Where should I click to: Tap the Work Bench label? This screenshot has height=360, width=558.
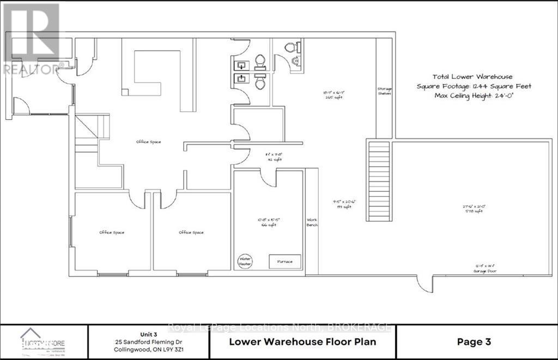point(312,222)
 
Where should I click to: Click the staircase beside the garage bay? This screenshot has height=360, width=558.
point(379,180)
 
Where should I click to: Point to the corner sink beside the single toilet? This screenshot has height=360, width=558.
point(296,61)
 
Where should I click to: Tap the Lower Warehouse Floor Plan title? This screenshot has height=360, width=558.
point(302,342)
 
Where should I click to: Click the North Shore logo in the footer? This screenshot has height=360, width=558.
point(43,341)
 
